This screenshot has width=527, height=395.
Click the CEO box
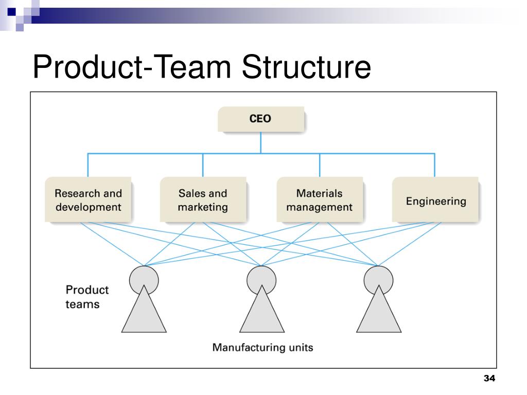(261, 119)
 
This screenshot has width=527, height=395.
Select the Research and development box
(88, 200)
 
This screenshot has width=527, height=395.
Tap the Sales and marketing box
(203, 200)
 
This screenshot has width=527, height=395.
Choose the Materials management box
(320, 200)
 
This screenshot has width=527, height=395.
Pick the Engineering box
(435, 200)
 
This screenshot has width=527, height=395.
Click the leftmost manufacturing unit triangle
(144, 316)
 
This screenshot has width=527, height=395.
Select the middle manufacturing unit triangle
(262, 316)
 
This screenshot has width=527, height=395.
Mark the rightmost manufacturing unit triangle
(379, 316)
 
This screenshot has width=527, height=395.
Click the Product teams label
(87, 297)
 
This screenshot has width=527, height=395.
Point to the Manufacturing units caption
(262, 347)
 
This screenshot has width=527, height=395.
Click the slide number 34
(489, 378)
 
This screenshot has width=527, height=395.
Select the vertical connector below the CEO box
(261, 143)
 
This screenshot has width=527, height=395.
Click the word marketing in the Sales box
(203, 207)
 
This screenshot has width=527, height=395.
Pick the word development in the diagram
(89, 207)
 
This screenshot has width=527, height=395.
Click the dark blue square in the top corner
(11, 12)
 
